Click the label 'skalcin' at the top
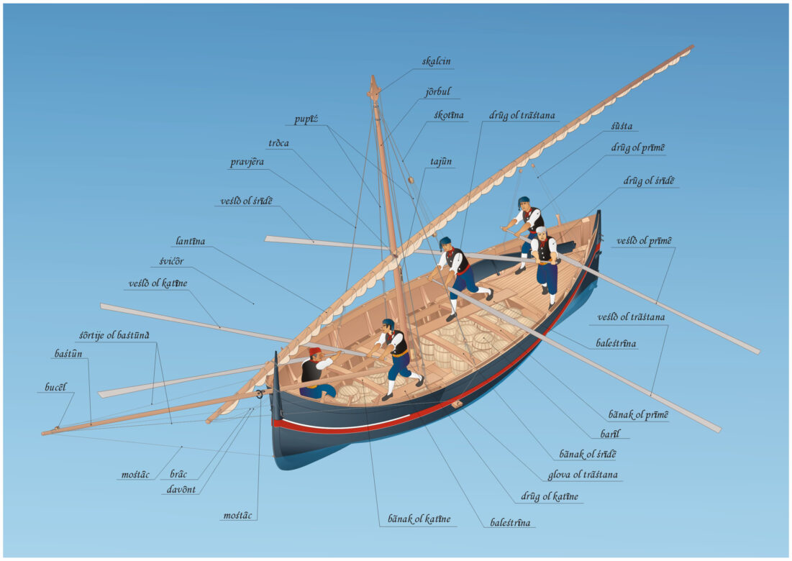coord(437,61)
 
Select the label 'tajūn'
coord(442,161)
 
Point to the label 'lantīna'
coord(190,242)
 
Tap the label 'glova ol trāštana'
coord(583,475)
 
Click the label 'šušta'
coord(622,126)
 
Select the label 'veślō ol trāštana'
coord(632,316)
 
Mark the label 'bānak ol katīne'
coord(419,519)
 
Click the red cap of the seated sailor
coord(315,351)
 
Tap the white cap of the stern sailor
coord(541,231)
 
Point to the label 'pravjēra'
coord(247,163)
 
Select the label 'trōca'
coord(278,143)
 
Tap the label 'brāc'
coord(178,475)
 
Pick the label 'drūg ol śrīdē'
coord(649,181)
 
